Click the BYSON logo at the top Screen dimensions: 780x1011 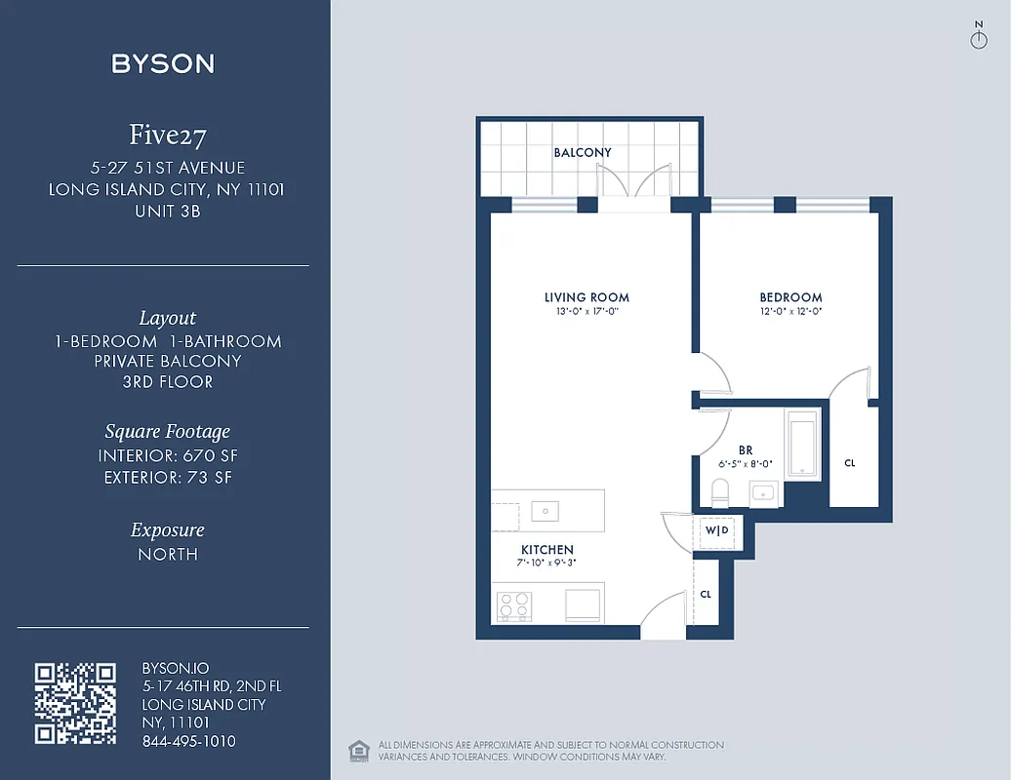(x=163, y=64)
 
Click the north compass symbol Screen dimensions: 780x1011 (x=979, y=37)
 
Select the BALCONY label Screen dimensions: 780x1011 (x=583, y=153)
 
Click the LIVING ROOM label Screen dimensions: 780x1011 (x=586, y=297)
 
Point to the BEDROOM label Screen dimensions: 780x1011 (x=790, y=297)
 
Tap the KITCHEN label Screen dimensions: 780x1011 (x=546, y=550)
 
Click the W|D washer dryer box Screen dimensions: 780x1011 (x=717, y=530)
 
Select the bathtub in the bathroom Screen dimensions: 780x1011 (x=802, y=445)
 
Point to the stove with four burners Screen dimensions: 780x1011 (x=513, y=604)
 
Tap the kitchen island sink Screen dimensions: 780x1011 (x=545, y=510)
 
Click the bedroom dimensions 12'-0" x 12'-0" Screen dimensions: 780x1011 (x=790, y=312)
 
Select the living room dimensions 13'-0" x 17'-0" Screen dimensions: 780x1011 (x=586, y=312)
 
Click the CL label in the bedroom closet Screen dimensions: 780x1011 (x=850, y=463)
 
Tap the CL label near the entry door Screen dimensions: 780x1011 (x=706, y=594)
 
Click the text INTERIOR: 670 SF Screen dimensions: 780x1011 (x=168, y=455)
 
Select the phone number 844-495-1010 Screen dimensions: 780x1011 (x=188, y=741)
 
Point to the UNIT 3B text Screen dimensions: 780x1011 (x=167, y=210)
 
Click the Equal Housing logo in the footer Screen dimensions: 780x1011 (x=358, y=750)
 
